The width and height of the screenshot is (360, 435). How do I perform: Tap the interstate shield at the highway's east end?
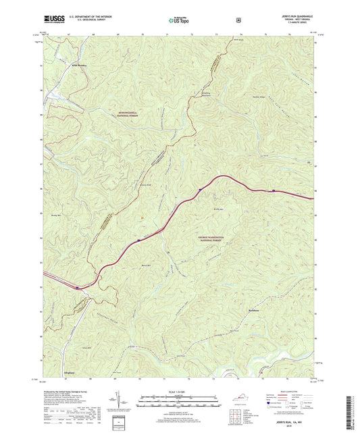point(273,191)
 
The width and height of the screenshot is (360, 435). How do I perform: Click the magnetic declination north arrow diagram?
point(126,403)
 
